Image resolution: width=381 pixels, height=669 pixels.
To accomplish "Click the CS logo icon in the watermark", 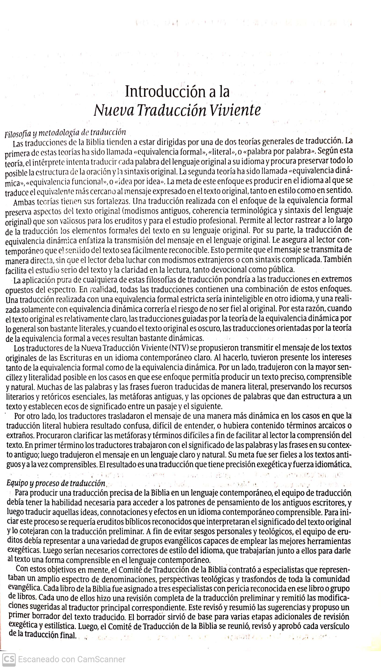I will point(8,658).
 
